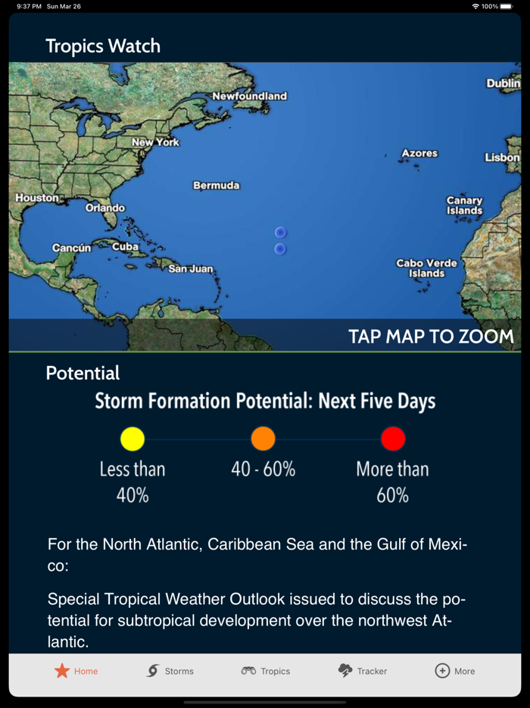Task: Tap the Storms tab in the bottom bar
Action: coord(170,671)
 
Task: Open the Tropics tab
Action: coord(266,671)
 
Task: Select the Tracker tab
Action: coord(362,671)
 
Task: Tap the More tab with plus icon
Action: coord(454,671)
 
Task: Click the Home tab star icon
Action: coord(62,671)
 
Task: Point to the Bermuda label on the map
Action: coord(217,185)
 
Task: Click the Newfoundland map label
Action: coord(249,96)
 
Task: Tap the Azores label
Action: coord(419,153)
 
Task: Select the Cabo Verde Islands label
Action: coord(427,268)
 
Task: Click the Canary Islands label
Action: coord(464,205)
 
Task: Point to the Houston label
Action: coord(37,198)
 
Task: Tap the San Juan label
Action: coord(191,268)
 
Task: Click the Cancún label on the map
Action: coord(72,248)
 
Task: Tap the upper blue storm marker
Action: coord(280,232)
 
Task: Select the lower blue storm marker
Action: coord(280,249)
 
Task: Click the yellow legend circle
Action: coord(132,438)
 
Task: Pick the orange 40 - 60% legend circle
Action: coord(263,438)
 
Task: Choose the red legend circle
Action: coord(393,438)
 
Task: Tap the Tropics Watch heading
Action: coord(103,45)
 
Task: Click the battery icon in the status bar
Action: coord(506,6)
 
